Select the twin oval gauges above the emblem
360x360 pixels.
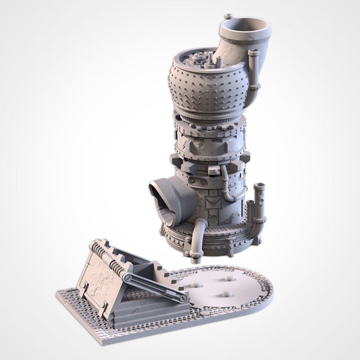[199, 182]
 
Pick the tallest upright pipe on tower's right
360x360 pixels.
[260, 206]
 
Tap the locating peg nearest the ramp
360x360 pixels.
[197, 284]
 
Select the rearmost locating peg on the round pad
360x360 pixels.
[229, 278]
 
